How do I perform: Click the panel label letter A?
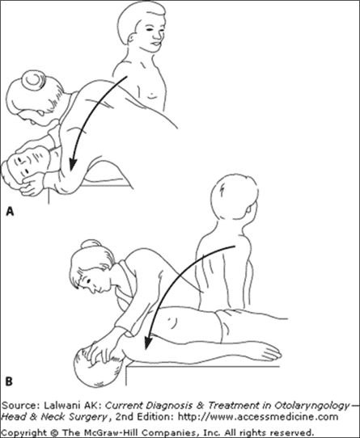pyautogui.click(x=10, y=211)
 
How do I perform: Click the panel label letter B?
pyautogui.click(x=9, y=381)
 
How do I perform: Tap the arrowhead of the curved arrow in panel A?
pyautogui.click(x=73, y=164)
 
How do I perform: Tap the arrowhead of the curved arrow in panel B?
pyautogui.click(x=148, y=342)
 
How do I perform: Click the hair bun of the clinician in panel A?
pyautogui.click(x=34, y=79)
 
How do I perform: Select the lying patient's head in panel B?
pyautogui.click(x=98, y=368)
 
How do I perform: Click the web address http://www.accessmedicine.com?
pyautogui.click(x=258, y=417)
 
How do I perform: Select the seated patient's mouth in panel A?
pyautogui.click(x=155, y=44)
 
